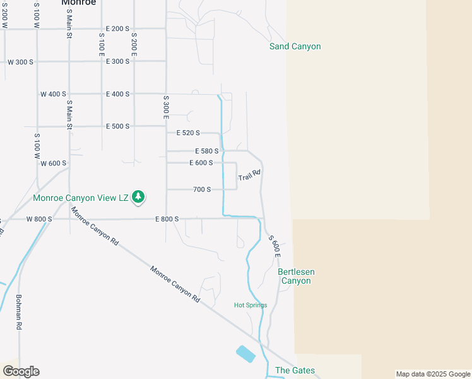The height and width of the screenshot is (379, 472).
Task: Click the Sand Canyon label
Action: pyautogui.click(x=295, y=46)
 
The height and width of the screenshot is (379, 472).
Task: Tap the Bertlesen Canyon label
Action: pyautogui.click(x=295, y=276)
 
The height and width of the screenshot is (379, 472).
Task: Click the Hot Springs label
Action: pyautogui.click(x=251, y=305)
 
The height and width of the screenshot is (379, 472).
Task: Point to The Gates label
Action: pyautogui.click(x=295, y=370)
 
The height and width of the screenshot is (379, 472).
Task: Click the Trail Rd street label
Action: pyautogui.click(x=249, y=176)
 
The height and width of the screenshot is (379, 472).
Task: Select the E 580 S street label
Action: pyautogui.click(x=207, y=151)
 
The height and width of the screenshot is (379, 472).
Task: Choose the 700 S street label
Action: pyautogui.click(x=201, y=189)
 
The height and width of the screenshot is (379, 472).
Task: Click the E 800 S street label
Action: pyautogui.click(x=167, y=219)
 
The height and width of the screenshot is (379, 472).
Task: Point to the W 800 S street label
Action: pyautogui.click(x=38, y=219)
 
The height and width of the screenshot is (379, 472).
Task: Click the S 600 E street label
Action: pyautogui.click(x=274, y=245)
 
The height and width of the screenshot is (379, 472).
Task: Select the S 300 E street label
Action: pyautogui.click(x=166, y=107)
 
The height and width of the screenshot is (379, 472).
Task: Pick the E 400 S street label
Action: pyautogui.click(x=117, y=93)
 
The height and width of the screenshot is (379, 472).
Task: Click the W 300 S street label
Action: pyautogui.click(x=20, y=61)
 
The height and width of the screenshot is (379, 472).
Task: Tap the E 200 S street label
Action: pyautogui.click(x=117, y=28)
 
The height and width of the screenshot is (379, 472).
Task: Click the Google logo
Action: pyautogui.click(x=21, y=371)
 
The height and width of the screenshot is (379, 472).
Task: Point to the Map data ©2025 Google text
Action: pyautogui.click(x=433, y=374)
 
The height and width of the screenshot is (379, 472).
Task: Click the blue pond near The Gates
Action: pyautogui.click(x=245, y=354)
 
